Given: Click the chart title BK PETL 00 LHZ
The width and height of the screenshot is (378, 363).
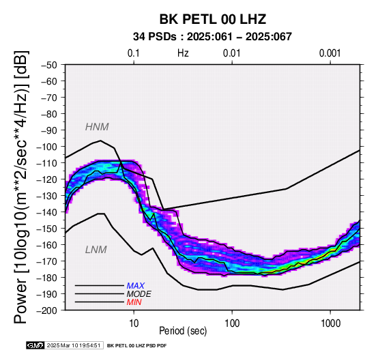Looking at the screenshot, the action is tap(213, 19).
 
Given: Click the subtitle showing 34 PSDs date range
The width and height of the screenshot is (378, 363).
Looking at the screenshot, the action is tap(212, 37).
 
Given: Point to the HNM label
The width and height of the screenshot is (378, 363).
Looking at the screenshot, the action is tap(97, 127).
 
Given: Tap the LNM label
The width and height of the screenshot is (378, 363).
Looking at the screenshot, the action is tap(96, 250).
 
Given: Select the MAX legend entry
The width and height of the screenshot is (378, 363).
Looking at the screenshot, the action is tap(136, 286).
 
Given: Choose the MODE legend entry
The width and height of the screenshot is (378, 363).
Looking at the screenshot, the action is tap(139, 294).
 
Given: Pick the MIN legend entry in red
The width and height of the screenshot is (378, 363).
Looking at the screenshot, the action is tap(134, 302).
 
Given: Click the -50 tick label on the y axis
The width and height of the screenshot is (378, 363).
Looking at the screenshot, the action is tap(48, 65).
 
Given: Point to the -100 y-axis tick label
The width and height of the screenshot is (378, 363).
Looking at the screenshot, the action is tap(46, 147).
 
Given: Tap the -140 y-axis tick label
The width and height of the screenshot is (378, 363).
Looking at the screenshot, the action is tap(46, 212).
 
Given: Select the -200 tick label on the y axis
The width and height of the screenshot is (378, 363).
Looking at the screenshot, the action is tap(46, 310).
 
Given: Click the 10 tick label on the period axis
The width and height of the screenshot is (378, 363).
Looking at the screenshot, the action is tap(134, 323).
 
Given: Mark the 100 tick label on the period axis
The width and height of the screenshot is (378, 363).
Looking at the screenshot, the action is tap(232, 323).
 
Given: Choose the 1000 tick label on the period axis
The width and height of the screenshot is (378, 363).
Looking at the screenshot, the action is tap(330, 323).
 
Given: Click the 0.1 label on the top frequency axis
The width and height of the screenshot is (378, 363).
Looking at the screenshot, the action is tap(134, 53).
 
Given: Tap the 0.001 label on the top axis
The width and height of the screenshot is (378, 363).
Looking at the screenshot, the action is tap(330, 53).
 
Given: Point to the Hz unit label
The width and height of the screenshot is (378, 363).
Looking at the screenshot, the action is tap(183, 53).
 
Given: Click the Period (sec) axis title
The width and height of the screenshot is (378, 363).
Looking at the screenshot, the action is tap(183, 331).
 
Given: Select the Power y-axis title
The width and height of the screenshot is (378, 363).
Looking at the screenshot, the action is tap(21, 188).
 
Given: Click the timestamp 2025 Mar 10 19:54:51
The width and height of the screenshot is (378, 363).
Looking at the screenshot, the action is tap(74, 345).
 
